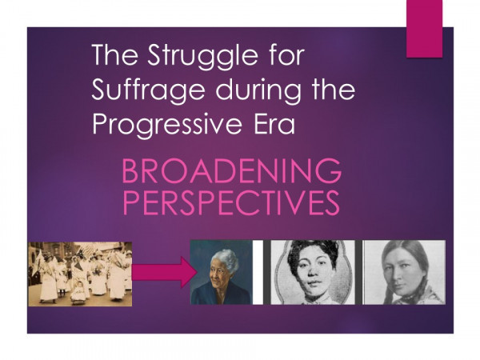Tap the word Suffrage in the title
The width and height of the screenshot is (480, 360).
point(148,89)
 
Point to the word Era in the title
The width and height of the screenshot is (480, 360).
point(274,123)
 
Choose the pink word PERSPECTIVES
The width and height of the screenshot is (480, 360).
point(231,202)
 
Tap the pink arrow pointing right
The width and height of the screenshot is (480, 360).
point(164,272)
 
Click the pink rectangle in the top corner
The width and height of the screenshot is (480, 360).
point(424,29)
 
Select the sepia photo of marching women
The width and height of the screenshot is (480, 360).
point(80,274)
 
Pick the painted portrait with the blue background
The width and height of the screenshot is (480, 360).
point(222,272)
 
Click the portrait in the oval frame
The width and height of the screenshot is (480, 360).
point(313,272)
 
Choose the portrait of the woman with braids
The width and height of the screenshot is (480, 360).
point(404,272)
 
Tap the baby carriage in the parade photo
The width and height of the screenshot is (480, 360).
point(79,291)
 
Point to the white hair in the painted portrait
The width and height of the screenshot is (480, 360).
point(226,259)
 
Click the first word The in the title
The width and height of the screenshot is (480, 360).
point(114,55)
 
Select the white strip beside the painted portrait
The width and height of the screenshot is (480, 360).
point(258,272)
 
